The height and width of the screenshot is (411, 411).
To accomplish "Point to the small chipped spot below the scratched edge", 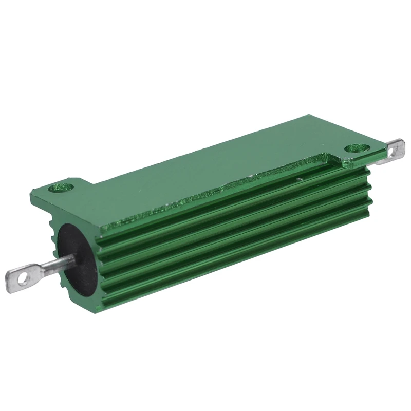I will pyautogui.click(x=300, y=179).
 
